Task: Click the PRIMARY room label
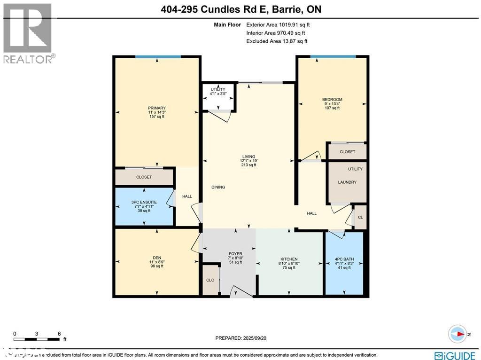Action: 157,108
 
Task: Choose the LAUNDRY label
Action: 347,182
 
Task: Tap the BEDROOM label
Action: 332,100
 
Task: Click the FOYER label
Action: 235,254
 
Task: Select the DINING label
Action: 218,187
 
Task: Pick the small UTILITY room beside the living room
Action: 218,96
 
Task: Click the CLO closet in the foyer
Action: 210,280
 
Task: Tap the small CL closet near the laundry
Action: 360,218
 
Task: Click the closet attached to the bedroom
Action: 347,152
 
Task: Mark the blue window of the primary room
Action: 158,57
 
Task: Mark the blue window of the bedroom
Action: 333,57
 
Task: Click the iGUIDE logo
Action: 454,355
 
